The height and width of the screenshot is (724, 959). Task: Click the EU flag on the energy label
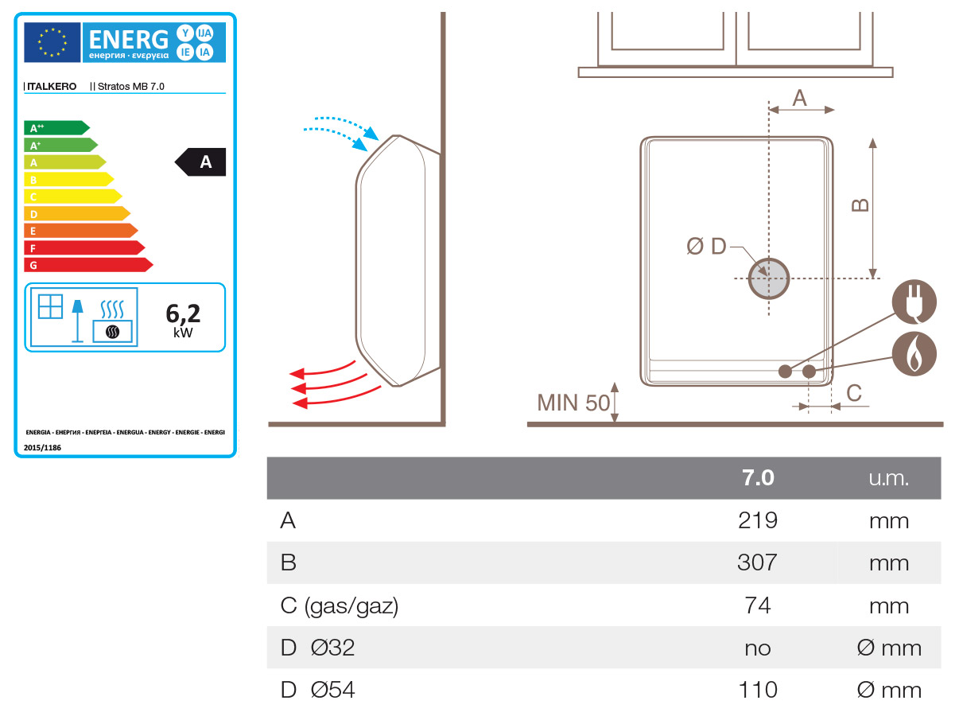tap(52, 42)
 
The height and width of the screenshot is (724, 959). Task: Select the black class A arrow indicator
tap(203, 162)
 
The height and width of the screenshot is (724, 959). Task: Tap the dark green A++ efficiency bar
tap(56, 127)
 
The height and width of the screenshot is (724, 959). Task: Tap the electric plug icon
tap(914, 302)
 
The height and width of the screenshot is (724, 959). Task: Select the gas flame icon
tap(914, 354)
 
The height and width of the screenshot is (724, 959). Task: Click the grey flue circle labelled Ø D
tap(768, 278)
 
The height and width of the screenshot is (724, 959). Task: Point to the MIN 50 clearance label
tap(573, 403)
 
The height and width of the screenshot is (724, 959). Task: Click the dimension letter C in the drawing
tap(854, 392)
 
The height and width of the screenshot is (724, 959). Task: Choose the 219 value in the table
tap(757, 520)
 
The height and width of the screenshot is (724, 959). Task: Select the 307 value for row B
tap(757, 563)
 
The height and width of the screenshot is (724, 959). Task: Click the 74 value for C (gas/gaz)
tap(757, 605)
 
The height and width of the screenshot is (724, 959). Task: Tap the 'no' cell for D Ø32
tap(757, 648)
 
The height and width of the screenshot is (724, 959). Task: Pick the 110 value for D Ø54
tap(757, 689)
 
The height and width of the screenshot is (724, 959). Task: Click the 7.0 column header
tap(757, 478)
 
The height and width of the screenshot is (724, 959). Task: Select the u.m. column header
tap(888, 478)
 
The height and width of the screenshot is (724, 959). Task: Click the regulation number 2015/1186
tap(43, 448)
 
